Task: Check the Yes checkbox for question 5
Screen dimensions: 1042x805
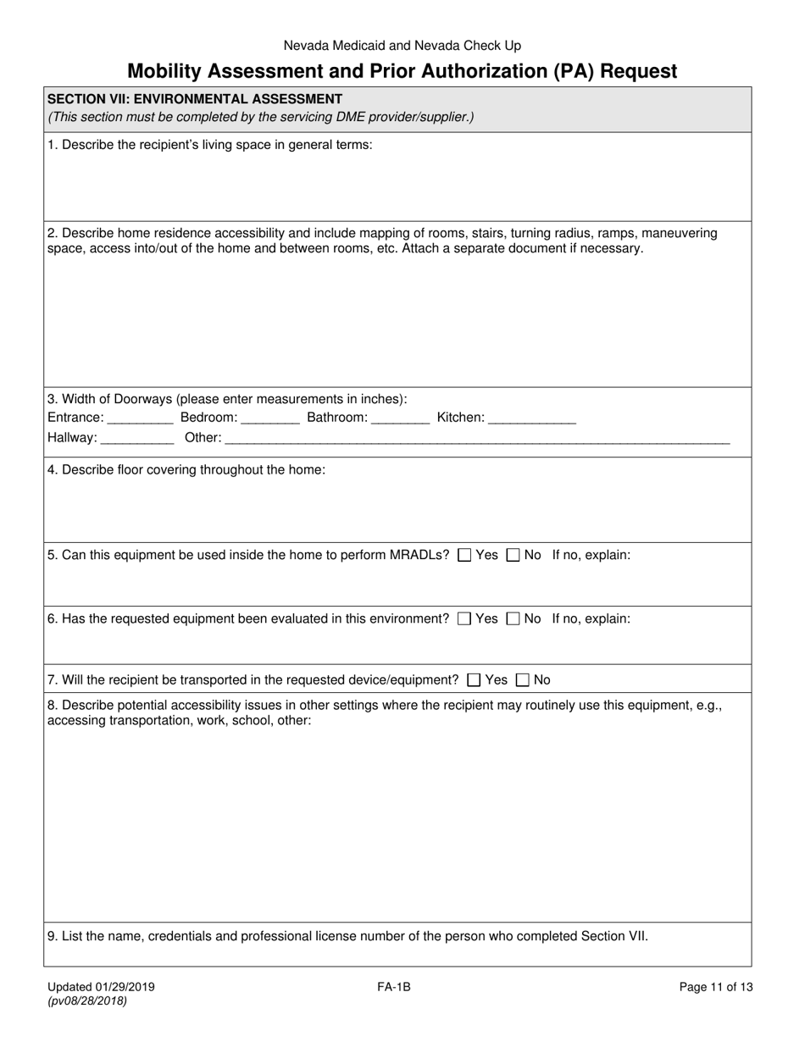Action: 464,556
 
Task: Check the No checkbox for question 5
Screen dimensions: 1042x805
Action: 513,556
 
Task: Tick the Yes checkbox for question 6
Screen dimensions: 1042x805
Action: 464,619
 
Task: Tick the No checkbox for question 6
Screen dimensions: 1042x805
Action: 513,619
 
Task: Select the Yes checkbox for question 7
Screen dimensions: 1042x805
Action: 474,680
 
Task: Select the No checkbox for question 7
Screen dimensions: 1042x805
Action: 523,680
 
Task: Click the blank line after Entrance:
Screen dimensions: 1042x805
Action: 141,418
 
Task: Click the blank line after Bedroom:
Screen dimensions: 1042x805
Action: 270,418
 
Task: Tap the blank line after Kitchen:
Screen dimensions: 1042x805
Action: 532,418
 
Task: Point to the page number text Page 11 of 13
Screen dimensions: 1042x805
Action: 715,987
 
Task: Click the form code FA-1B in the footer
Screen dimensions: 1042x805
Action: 395,987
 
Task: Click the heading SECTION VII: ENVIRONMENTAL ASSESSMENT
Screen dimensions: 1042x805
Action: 195,99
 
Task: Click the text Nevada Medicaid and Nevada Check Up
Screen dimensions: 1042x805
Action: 402,46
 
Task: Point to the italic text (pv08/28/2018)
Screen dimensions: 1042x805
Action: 87,1001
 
